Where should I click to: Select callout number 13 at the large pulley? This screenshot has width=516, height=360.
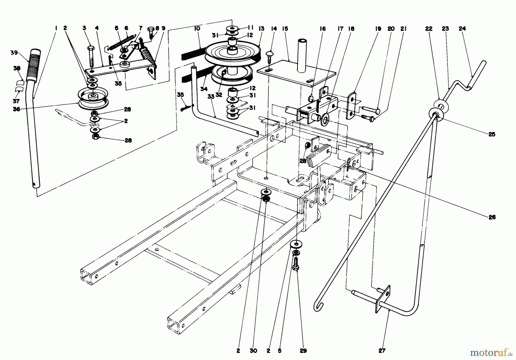[261, 28]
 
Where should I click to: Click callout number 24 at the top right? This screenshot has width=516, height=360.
[462, 28]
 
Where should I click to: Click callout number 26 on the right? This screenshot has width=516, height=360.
[492, 217]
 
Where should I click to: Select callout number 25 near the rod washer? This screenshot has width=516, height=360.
[492, 134]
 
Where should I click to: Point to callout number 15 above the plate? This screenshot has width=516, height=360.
[285, 28]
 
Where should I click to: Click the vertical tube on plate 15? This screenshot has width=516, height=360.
[302, 56]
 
